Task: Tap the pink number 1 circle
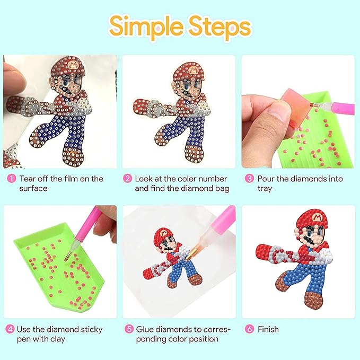10,179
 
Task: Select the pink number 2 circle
127,179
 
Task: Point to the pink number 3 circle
249,179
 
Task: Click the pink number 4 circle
10,329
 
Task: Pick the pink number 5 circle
127,329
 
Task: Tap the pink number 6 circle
249,329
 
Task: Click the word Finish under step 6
268,329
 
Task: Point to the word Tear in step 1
28,179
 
